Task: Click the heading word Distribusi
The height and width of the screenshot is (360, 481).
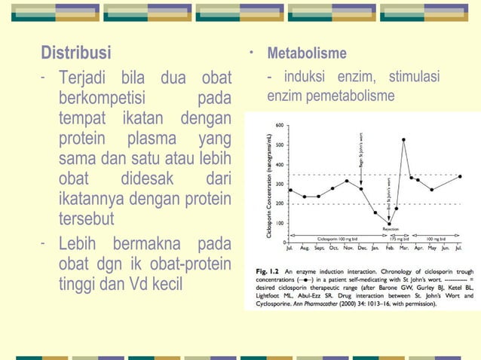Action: click(75, 53)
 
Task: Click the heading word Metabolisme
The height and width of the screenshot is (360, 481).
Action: click(307, 54)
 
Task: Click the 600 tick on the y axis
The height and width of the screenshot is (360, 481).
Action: click(280, 125)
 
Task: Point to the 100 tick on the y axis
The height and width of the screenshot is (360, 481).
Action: click(280, 223)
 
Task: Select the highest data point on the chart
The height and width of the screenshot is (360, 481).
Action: click(404, 139)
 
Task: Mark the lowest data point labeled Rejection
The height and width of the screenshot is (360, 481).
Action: click(389, 221)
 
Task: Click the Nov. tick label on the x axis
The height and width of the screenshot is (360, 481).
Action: click(348, 247)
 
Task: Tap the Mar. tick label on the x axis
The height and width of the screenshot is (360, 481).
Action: click(403, 247)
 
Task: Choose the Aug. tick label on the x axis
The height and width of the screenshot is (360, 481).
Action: click(305, 247)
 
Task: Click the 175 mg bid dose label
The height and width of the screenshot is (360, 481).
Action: click(400, 237)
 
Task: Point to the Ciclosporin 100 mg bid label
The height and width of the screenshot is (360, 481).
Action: click(335, 237)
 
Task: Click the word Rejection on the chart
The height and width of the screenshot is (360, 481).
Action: click(391, 228)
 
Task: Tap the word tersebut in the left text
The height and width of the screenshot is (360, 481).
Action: click(85, 219)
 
